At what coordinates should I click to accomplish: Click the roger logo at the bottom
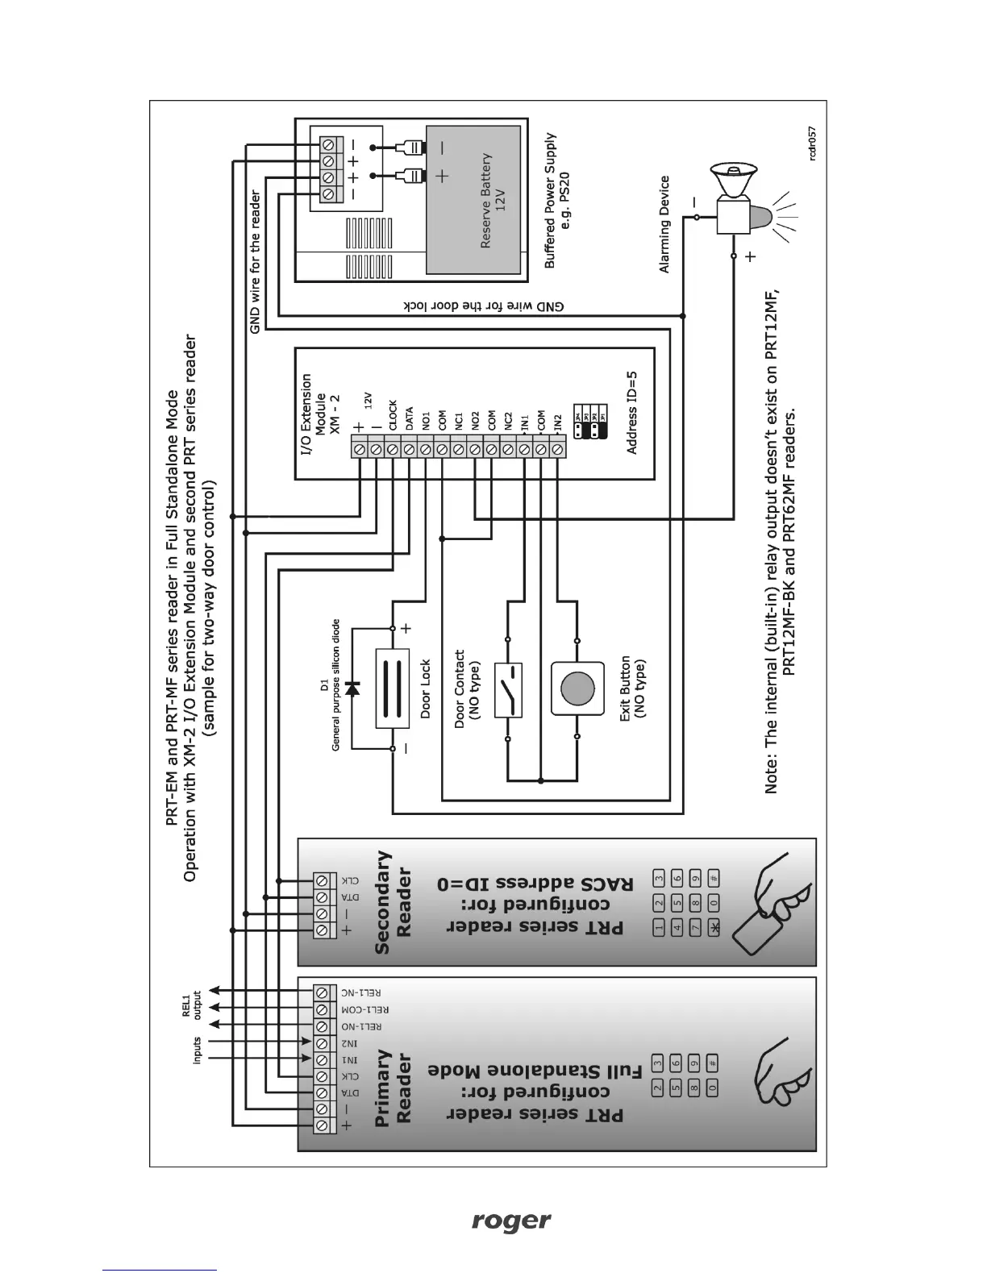(x=511, y=1221)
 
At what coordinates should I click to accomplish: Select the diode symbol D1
(x=352, y=688)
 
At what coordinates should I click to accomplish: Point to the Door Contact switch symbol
(x=510, y=688)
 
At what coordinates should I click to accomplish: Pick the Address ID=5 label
(x=632, y=412)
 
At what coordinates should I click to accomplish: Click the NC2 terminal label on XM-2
(x=508, y=419)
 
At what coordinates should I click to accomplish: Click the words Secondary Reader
(x=394, y=902)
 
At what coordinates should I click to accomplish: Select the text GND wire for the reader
(x=256, y=262)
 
